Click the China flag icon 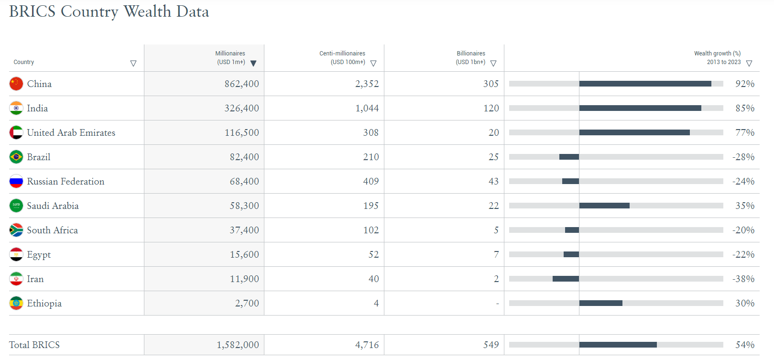tap(16, 84)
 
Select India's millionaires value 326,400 tap(241, 109)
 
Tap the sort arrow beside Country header tap(133, 63)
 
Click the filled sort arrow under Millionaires tap(253, 63)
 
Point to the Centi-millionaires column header tap(342, 57)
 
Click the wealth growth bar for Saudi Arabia tap(604, 206)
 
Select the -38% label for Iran tap(743, 279)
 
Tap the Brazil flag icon tap(16, 157)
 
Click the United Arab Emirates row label tap(71, 133)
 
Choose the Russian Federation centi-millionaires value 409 tap(371, 182)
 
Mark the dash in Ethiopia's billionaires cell tap(497, 304)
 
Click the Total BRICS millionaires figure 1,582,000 tap(238, 345)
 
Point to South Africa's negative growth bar tap(572, 230)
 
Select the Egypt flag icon tap(16, 254)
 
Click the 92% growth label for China tap(745, 84)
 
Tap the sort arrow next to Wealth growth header tap(749, 63)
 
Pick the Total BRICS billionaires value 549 tap(491, 345)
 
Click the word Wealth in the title tap(147, 11)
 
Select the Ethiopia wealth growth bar tap(600, 303)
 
